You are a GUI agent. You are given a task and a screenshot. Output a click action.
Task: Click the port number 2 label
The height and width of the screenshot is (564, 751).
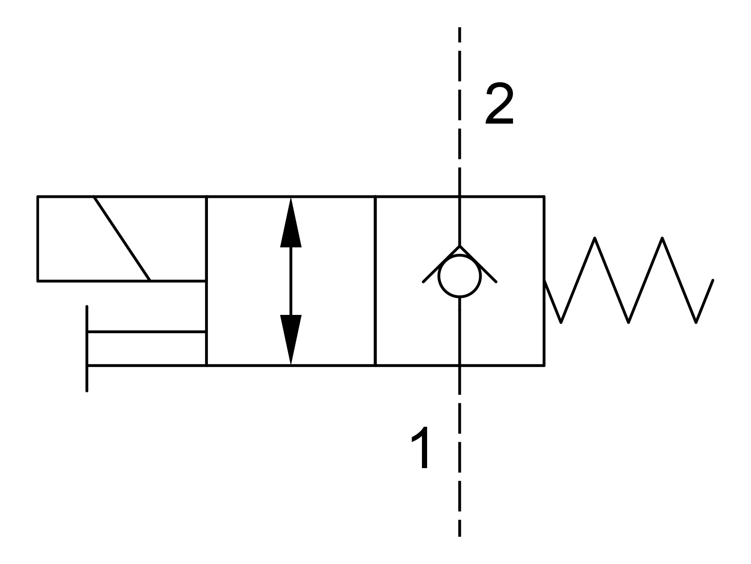[x=499, y=104]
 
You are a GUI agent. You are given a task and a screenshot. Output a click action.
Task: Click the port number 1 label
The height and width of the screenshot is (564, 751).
[x=421, y=447]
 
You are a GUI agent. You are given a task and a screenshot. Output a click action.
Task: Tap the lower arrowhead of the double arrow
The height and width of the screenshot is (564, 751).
[x=291, y=339]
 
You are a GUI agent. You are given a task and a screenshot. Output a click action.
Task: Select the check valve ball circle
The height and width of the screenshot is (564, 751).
[x=460, y=276]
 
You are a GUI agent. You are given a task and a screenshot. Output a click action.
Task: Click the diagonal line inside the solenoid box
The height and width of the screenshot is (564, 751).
[x=122, y=238]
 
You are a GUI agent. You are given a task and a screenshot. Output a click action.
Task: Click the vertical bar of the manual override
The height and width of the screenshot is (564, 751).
[x=87, y=348]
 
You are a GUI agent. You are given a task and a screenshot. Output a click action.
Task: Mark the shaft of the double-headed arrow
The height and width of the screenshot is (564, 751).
[x=291, y=281]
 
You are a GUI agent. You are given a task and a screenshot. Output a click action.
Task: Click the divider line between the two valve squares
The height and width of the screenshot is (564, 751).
[x=375, y=281]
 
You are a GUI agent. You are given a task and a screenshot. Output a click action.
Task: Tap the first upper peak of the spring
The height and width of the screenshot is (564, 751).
[x=595, y=239]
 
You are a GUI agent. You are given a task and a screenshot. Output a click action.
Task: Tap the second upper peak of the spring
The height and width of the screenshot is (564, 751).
[x=662, y=239]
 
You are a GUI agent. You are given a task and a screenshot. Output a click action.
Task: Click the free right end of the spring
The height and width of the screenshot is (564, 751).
[x=712, y=282]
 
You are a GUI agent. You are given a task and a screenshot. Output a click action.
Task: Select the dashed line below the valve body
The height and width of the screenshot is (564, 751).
[x=460, y=451]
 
